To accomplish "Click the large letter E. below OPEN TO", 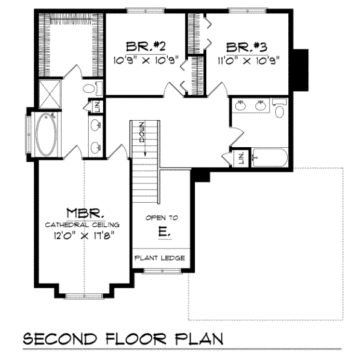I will coord(164,231).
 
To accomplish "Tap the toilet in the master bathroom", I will coord(89,89).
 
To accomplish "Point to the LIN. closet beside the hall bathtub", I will coord(241,158).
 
